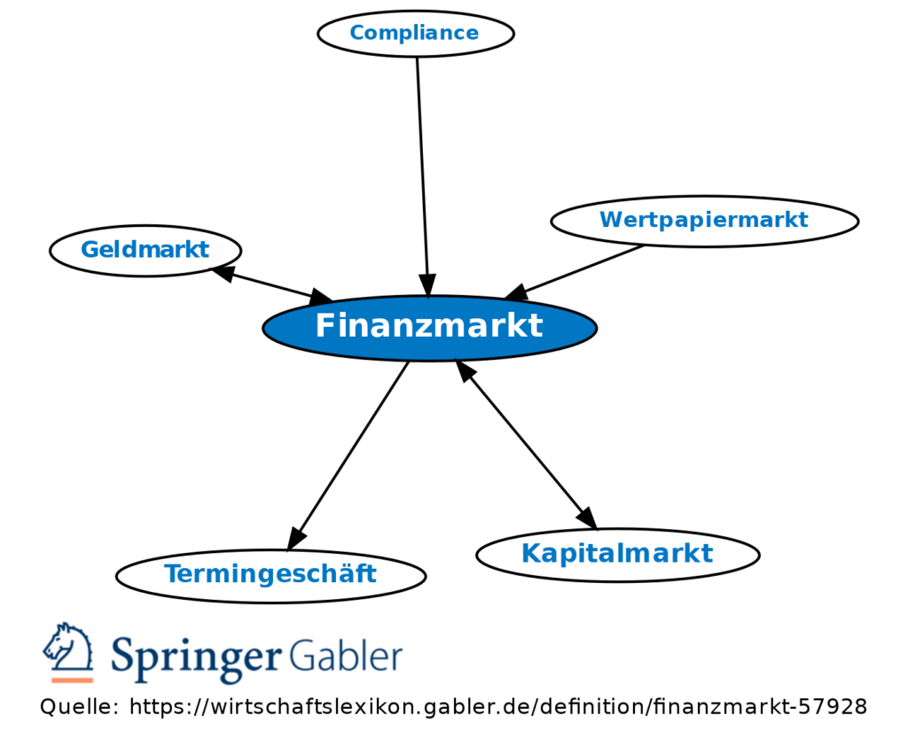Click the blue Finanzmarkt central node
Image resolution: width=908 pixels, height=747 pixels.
tap(429, 328)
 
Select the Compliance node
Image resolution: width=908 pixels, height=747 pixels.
tap(415, 34)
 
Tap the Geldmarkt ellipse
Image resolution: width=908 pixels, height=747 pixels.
tap(145, 250)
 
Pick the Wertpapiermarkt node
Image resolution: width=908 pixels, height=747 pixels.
tap(704, 220)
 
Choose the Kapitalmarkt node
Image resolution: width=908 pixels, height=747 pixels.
tap(617, 554)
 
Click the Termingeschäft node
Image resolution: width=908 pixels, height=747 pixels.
tap(270, 575)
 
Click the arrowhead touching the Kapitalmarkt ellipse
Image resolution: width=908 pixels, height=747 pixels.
tap(586, 517)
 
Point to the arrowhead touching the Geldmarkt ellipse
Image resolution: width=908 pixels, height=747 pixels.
tap(223, 273)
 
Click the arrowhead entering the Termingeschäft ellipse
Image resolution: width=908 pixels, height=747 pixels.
tap(297, 537)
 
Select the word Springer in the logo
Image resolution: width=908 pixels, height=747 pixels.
tap(193, 658)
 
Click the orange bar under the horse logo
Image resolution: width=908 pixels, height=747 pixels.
tap(72, 680)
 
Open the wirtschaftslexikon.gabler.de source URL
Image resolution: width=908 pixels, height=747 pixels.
tap(497, 707)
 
